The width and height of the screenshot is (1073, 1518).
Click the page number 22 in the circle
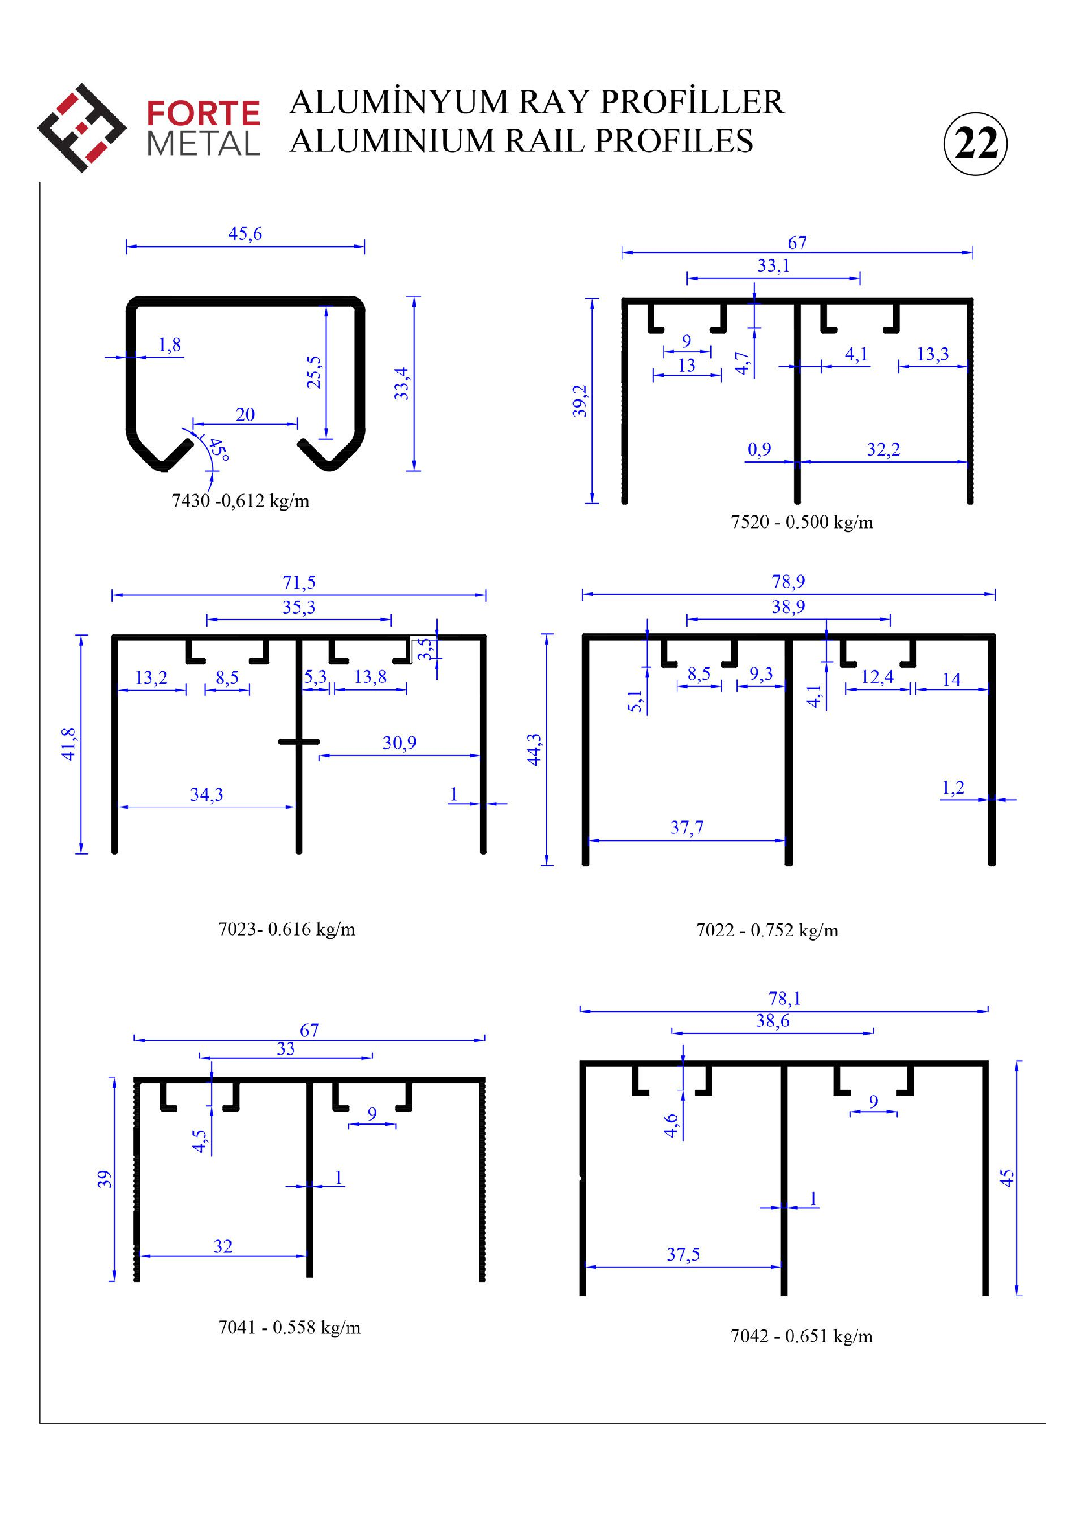tap(976, 144)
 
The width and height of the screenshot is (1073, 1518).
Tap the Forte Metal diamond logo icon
tap(82, 128)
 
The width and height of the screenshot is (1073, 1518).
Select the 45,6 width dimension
tap(245, 234)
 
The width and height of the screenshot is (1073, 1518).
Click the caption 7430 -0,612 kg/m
tap(241, 501)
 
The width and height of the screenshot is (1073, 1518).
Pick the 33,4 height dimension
tap(401, 383)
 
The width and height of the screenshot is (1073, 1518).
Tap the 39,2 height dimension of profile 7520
tap(580, 401)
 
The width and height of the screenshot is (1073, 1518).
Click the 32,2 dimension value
tap(883, 450)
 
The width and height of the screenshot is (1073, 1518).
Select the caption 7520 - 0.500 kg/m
tap(802, 522)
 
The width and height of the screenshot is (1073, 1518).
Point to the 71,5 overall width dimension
tap(299, 582)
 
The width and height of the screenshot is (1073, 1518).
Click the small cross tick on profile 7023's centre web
tap(299, 742)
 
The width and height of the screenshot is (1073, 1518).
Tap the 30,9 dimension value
tap(400, 743)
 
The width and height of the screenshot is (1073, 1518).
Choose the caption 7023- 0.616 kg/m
tap(287, 929)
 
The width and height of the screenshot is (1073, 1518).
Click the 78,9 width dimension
tap(789, 582)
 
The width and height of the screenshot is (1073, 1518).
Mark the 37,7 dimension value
tap(687, 828)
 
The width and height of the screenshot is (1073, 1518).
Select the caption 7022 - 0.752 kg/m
tap(767, 930)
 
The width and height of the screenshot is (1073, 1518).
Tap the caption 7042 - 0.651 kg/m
tap(801, 1336)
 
